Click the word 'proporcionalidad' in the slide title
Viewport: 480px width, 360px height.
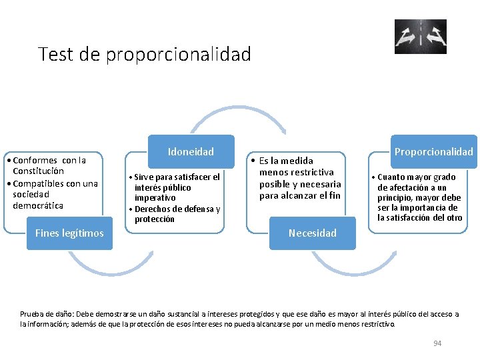178,54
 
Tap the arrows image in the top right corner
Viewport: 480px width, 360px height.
420,37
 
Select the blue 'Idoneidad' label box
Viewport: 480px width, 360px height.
191,152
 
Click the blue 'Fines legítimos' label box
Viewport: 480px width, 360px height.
69,233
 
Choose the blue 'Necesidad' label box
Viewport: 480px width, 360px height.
312,233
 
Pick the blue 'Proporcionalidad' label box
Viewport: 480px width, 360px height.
433,152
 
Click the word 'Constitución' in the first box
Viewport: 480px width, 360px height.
38,171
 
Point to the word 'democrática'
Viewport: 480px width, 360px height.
38,205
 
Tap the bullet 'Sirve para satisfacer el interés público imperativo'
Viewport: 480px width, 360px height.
176,187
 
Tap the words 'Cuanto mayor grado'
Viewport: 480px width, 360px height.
417,177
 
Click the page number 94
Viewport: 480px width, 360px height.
437,343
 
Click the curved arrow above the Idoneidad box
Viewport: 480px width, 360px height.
238,113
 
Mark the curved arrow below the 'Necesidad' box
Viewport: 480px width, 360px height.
353,267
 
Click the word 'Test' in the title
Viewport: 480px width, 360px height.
56,54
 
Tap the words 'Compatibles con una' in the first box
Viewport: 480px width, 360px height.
55,183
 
